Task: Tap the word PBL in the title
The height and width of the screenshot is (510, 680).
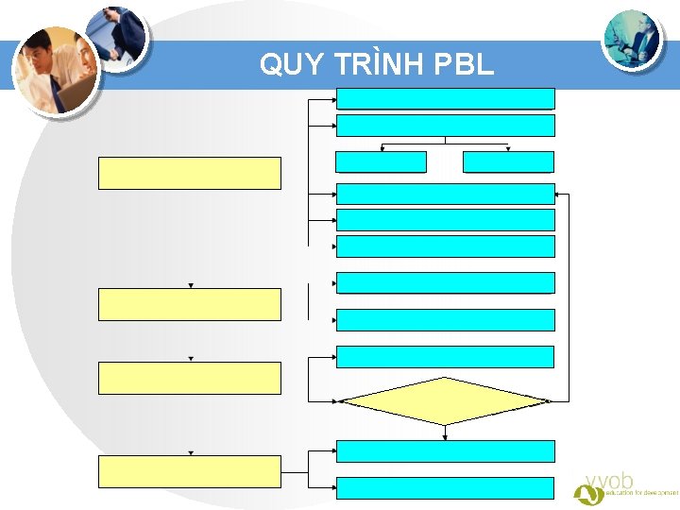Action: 462,64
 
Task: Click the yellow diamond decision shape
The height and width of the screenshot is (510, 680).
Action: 445,401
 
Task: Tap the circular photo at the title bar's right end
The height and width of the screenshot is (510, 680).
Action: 634,39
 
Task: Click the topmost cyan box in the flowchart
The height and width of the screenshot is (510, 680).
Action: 445,98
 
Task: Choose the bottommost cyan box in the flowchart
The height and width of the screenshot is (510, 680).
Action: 445,487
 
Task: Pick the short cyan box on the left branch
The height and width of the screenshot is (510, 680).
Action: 381,161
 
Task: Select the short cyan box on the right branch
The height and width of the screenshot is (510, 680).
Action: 508,161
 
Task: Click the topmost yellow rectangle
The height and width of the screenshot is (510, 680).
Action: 190,173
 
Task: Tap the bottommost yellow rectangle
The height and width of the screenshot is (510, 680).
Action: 190,471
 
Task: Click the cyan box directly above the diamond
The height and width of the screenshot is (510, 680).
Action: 445,356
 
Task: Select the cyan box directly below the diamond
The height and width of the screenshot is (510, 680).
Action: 445,450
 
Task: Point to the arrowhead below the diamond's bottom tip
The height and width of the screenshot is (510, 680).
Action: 445,436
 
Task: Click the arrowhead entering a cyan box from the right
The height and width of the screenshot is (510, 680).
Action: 558,194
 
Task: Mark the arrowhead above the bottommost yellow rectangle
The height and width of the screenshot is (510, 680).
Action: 190,453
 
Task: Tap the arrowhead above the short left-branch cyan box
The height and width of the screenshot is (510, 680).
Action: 382,148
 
